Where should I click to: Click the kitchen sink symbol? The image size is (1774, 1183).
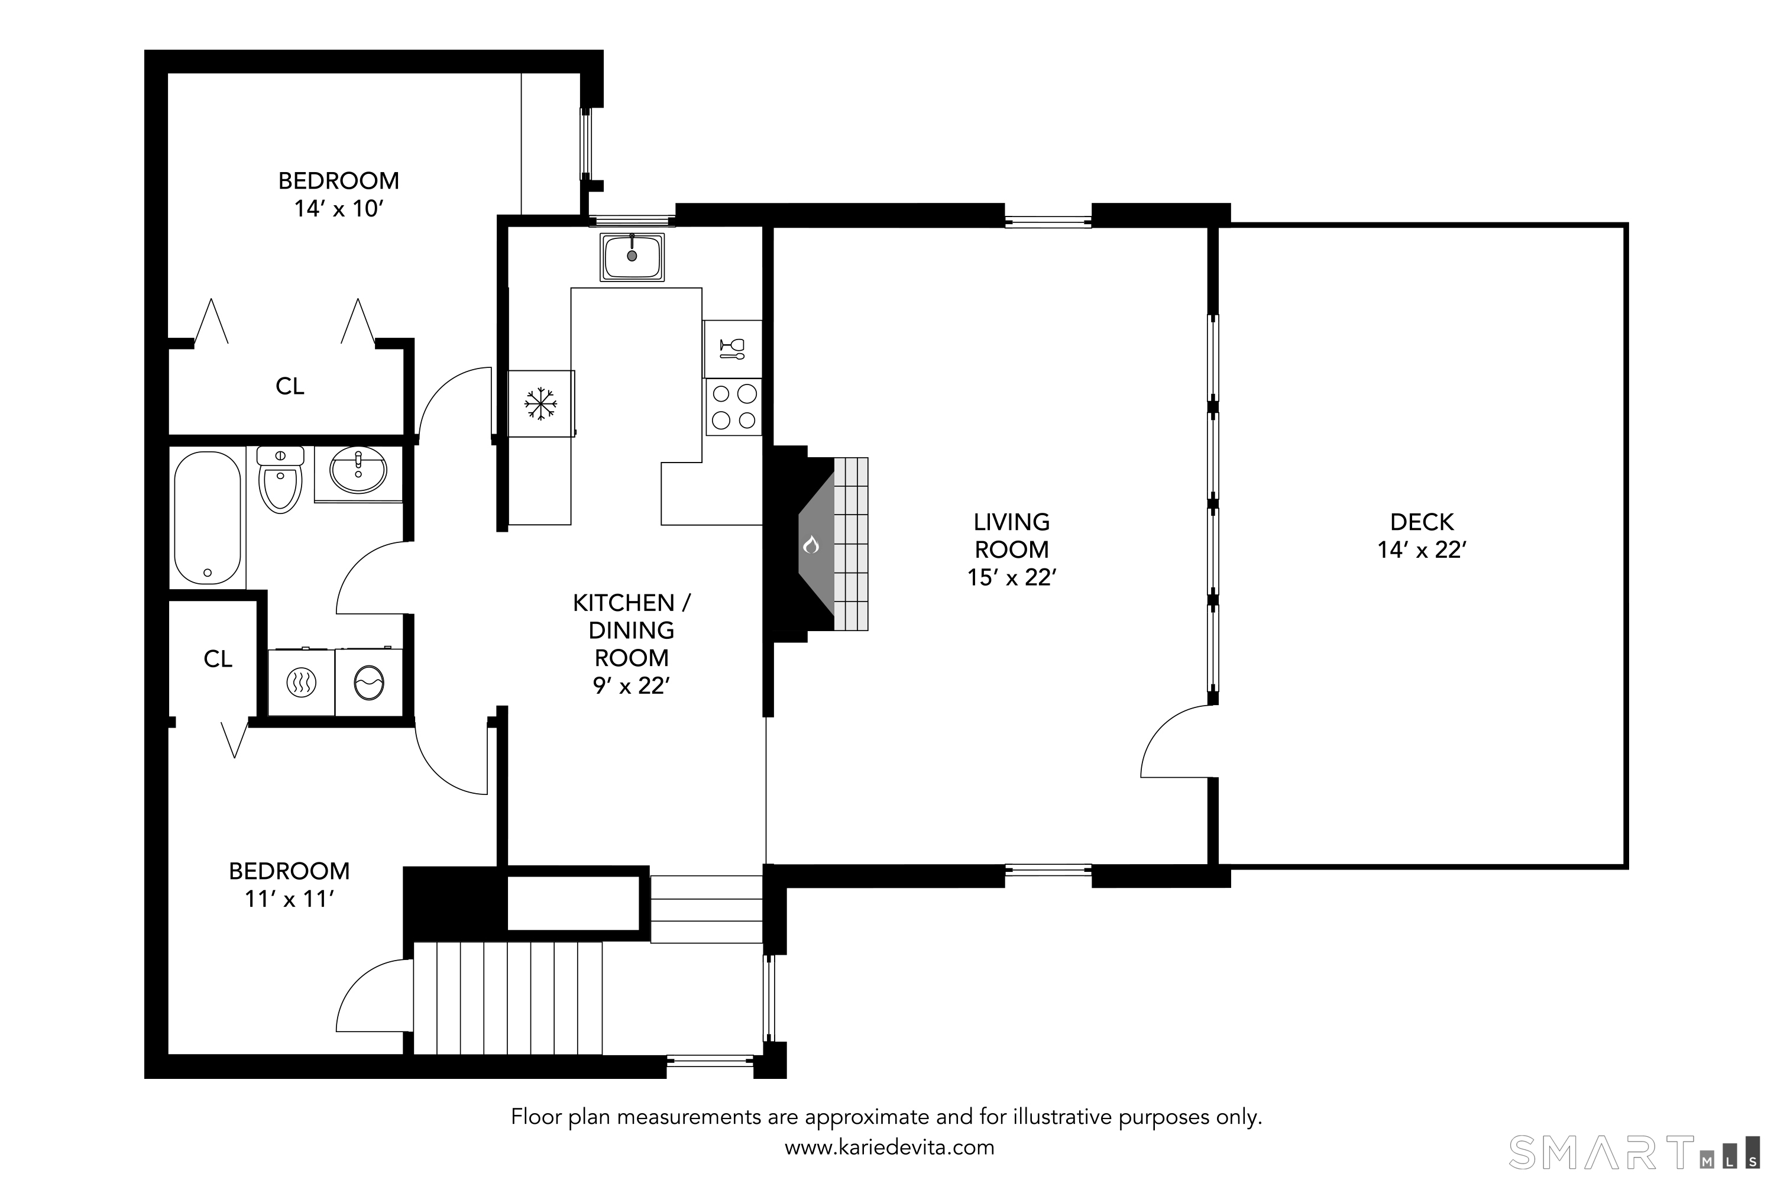coord(632,257)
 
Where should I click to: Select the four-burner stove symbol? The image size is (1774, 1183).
coord(734,407)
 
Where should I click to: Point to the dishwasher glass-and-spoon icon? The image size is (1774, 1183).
coord(731,348)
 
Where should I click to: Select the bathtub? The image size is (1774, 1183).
coord(208,518)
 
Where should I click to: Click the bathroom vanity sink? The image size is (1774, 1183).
coord(358,469)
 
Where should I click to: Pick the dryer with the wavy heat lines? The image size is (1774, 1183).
coord(302,683)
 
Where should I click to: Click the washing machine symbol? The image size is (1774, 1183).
coord(369,683)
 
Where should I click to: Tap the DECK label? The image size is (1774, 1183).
coord(1422,522)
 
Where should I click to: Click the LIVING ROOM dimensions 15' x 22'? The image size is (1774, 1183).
coord(1011,578)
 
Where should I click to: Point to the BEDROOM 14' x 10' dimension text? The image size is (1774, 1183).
coord(339,209)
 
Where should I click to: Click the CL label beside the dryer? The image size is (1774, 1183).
coord(218,660)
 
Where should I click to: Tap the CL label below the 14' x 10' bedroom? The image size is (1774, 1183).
coord(290,386)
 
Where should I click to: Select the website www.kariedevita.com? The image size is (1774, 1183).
coord(889,1148)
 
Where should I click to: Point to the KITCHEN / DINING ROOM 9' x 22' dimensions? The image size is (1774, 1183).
coord(632,686)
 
